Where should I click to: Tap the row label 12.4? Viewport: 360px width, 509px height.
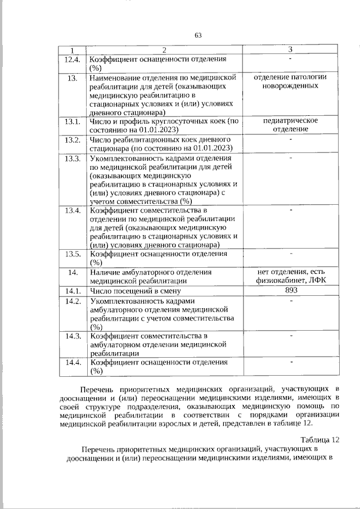73,59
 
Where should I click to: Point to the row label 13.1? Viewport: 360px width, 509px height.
73,121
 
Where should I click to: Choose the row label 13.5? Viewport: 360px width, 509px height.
73,254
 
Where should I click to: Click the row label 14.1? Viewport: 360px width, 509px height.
73,291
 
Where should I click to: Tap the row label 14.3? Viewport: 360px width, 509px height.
73,336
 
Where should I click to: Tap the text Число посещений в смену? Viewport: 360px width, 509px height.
135,291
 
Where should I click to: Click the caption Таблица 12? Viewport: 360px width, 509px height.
320,439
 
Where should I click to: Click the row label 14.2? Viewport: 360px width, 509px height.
73,301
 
